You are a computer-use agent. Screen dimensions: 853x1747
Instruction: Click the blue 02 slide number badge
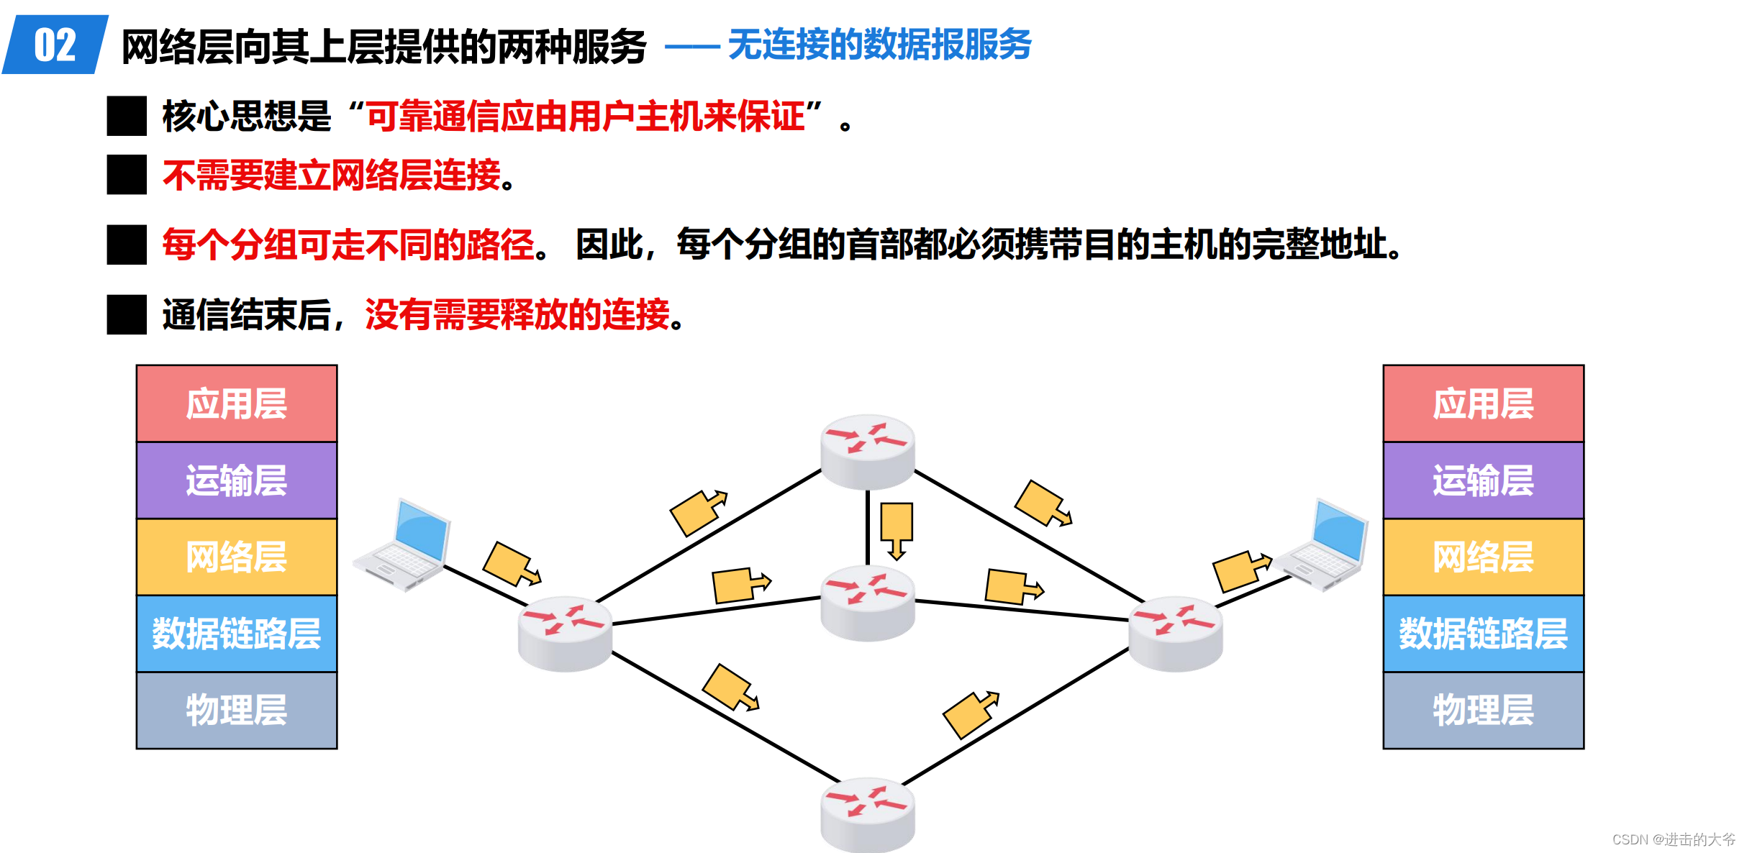[x=55, y=45]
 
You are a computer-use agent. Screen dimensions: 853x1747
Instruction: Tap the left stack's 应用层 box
[x=237, y=403]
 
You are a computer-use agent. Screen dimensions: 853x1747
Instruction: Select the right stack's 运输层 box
[x=1483, y=480]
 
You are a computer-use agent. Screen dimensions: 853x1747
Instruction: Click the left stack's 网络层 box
[x=237, y=557]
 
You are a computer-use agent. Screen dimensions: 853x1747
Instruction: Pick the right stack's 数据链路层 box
[x=1483, y=634]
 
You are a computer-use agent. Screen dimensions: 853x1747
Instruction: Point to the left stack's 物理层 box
[x=237, y=710]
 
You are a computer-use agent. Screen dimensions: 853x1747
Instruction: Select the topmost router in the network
[x=868, y=451]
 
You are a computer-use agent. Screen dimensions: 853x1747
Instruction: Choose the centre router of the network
[x=868, y=603]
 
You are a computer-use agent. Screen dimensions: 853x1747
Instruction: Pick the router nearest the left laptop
[x=565, y=633]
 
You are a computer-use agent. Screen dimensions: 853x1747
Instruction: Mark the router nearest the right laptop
[x=1176, y=633]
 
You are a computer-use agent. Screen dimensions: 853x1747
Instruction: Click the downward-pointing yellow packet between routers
[x=897, y=529]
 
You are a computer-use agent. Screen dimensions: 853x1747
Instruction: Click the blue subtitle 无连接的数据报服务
[x=879, y=45]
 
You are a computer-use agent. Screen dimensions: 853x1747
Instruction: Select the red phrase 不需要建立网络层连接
[x=332, y=175]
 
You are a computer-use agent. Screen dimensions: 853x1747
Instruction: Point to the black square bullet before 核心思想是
[x=127, y=116]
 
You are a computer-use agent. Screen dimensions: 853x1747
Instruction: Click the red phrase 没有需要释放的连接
[x=517, y=315]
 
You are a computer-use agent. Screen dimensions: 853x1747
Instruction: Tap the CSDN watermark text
[x=1673, y=839]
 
